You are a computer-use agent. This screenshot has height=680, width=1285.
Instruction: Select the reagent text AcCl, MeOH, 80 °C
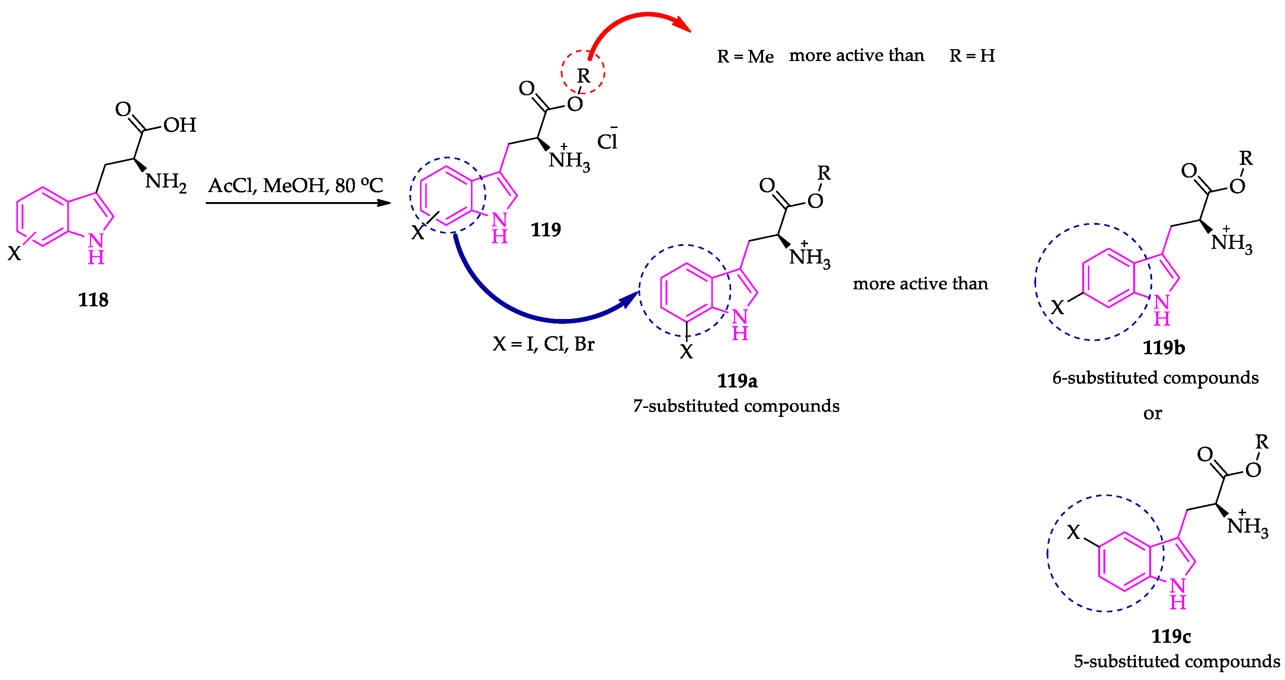pyautogui.click(x=295, y=186)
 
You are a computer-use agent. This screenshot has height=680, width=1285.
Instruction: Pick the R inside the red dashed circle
pyautogui.click(x=583, y=76)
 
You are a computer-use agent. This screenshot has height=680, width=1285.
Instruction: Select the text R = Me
pyautogui.click(x=745, y=56)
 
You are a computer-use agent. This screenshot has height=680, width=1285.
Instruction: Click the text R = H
pyautogui.click(x=972, y=55)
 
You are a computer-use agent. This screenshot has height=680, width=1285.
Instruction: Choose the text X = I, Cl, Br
pyautogui.click(x=543, y=344)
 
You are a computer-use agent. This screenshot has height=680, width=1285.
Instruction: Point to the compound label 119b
pyautogui.click(x=1163, y=348)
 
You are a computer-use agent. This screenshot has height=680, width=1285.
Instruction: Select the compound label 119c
pyautogui.click(x=1171, y=636)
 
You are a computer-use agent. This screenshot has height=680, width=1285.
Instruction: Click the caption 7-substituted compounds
pyautogui.click(x=736, y=406)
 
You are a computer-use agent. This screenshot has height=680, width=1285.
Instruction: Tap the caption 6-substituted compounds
pyautogui.click(x=1155, y=378)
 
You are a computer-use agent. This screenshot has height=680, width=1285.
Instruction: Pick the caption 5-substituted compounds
pyautogui.click(x=1176, y=661)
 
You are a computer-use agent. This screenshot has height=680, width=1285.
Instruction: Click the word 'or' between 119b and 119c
pyautogui.click(x=1152, y=414)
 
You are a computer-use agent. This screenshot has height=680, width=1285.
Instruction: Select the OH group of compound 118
pyautogui.click(x=180, y=125)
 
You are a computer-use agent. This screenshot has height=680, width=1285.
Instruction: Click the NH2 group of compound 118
pyautogui.click(x=166, y=182)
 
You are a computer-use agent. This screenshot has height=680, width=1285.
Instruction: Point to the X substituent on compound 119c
pyautogui.click(x=1073, y=532)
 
